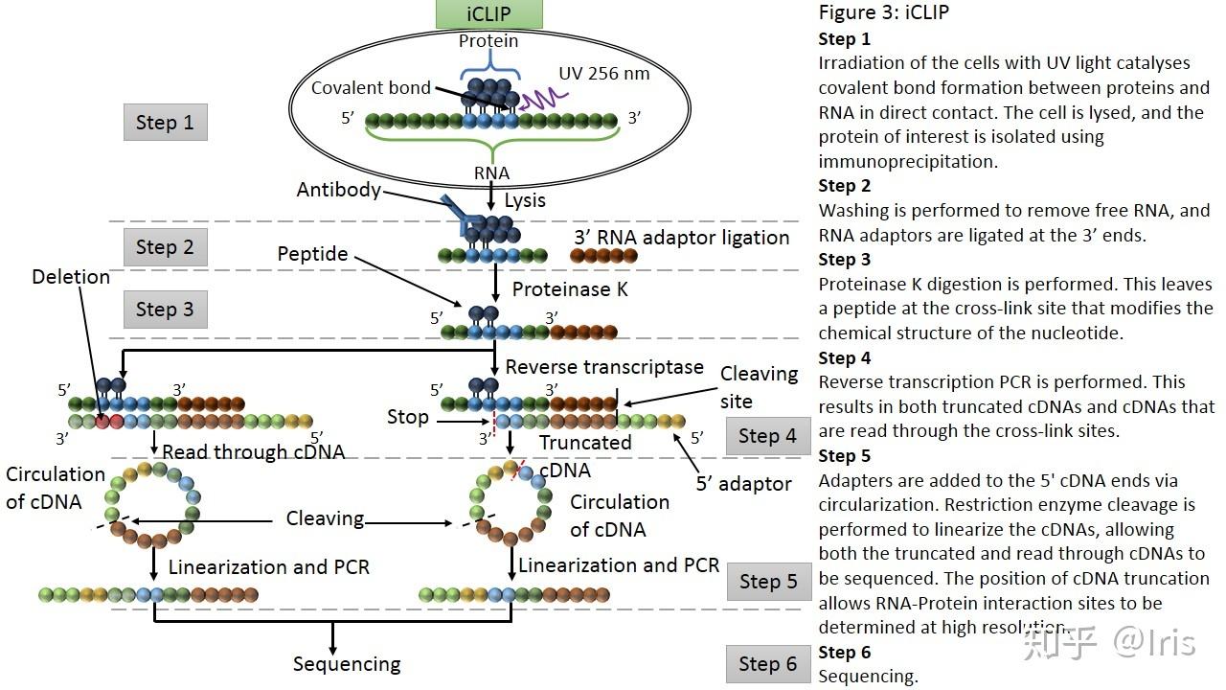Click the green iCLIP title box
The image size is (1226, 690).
[488, 14]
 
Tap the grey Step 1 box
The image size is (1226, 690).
[165, 123]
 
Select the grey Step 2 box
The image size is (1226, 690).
[165, 247]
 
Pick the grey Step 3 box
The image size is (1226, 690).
[165, 310]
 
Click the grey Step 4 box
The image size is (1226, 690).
[768, 436]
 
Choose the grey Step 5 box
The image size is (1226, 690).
[768, 582]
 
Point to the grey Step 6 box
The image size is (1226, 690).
[768, 664]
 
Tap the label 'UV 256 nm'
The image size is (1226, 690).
[603, 74]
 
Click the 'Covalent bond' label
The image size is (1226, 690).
[371, 88]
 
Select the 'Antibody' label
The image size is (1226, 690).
[338, 190]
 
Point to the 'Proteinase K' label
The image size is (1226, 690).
[570, 288]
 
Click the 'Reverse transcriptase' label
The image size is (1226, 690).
[604, 367]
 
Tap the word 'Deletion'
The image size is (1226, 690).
[71, 277]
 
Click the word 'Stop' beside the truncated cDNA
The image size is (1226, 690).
[407, 417]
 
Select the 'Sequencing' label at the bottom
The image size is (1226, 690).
[347, 664]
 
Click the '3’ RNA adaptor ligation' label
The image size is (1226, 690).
[681, 238]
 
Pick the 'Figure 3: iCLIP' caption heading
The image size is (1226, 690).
[883, 13]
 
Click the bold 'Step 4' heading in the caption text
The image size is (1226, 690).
[844, 358]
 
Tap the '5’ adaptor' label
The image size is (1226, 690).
[743, 484]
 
